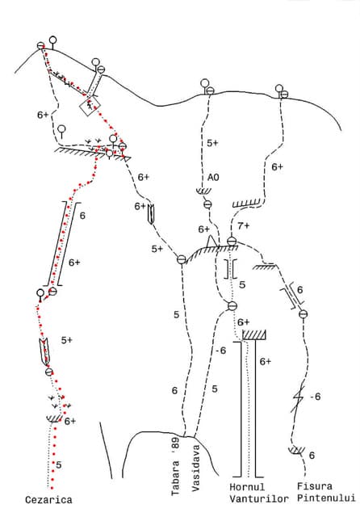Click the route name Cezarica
pos(48,499)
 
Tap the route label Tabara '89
pos(175,466)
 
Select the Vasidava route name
pos(195,469)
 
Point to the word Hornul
pos(247,487)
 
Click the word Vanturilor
pos(259,499)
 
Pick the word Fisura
pos(315,486)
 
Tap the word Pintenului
pos(326,498)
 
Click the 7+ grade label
pos(244,226)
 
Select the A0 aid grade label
pos(213,178)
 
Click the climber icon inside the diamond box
pos(90,106)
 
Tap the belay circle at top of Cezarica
pos(41,46)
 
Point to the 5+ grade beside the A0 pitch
pos(212,143)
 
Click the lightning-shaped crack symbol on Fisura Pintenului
pos(298,399)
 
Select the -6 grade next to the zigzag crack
pos(316,397)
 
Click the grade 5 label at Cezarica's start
pos(59,465)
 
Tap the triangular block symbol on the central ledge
pos(211,241)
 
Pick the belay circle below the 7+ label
pos(232,242)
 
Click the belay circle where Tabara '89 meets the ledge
pos(182,259)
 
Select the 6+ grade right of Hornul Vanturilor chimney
pos(265,362)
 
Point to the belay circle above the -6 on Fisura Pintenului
pos(303,314)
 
